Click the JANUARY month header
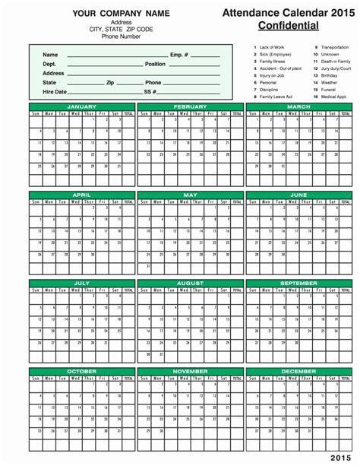[x=82, y=106]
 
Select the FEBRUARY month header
[x=191, y=106]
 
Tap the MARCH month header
[x=298, y=106]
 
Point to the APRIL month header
[x=82, y=195]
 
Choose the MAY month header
[x=191, y=195]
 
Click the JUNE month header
[x=298, y=195]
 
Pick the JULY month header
[x=82, y=283]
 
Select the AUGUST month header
[x=191, y=283]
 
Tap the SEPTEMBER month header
[x=298, y=283]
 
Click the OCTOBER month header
[x=82, y=372]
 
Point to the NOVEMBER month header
[x=191, y=372]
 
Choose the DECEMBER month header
[x=298, y=372]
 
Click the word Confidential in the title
[x=288, y=25]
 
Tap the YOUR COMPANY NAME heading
[x=111, y=14]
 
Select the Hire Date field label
[x=54, y=91]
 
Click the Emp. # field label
[x=179, y=55]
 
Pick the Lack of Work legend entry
[x=273, y=47]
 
